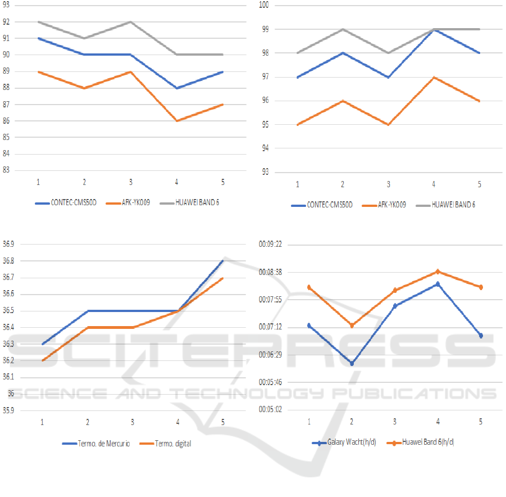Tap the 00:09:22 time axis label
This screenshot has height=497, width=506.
click(x=270, y=245)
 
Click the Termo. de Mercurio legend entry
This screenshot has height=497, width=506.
click(x=96, y=444)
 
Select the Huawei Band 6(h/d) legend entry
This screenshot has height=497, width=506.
click(x=421, y=442)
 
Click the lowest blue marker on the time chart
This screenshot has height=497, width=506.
click(x=352, y=363)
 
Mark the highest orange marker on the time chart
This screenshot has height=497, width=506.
click(x=437, y=272)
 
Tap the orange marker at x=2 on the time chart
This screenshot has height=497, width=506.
click(x=352, y=326)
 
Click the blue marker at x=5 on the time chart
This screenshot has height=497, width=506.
click(x=481, y=336)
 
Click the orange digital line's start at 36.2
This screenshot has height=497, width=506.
click(x=42, y=360)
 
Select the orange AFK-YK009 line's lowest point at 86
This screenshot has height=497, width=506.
click(x=176, y=121)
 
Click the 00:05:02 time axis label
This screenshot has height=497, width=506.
click(x=270, y=409)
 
